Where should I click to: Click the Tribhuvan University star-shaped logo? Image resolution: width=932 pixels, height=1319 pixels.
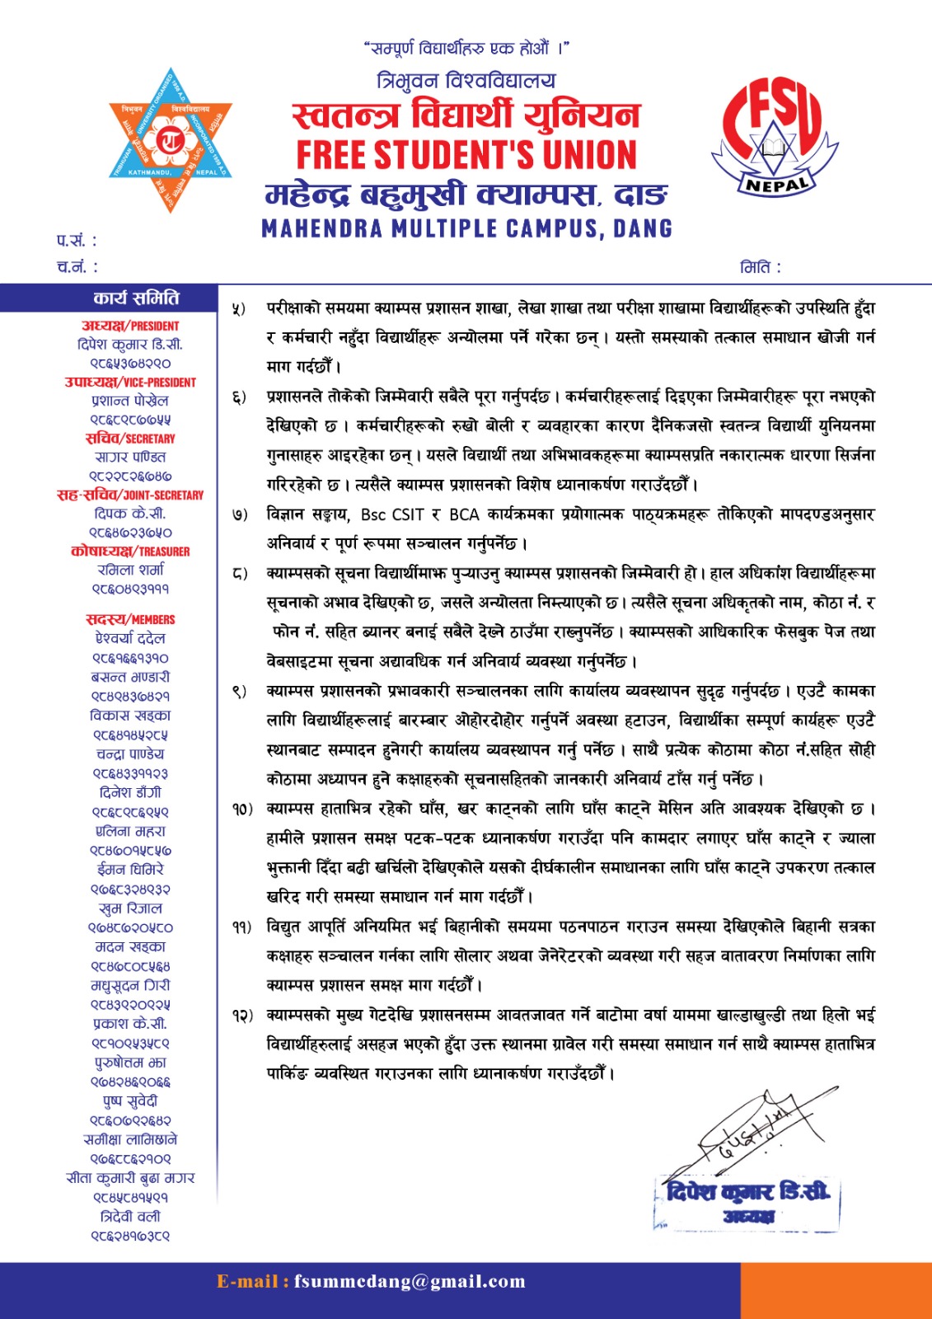(x=171, y=141)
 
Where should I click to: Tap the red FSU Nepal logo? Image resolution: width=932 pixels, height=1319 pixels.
(x=772, y=140)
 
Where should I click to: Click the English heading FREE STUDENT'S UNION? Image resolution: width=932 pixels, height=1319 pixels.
(x=466, y=155)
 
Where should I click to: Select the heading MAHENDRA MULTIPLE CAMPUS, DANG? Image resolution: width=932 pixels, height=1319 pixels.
(x=466, y=228)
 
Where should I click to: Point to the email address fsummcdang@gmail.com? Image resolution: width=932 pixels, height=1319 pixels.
(x=410, y=1281)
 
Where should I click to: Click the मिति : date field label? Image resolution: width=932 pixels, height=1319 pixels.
(x=760, y=267)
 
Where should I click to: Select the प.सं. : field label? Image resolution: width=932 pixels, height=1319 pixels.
(x=77, y=241)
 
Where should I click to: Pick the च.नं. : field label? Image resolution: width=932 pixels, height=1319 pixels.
(x=77, y=266)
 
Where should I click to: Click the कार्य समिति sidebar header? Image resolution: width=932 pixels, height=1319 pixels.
(x=136, y=298)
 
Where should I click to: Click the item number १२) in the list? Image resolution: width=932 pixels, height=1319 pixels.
(x=241, y=1016)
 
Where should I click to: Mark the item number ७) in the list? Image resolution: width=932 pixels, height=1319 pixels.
(x=239, y=514)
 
